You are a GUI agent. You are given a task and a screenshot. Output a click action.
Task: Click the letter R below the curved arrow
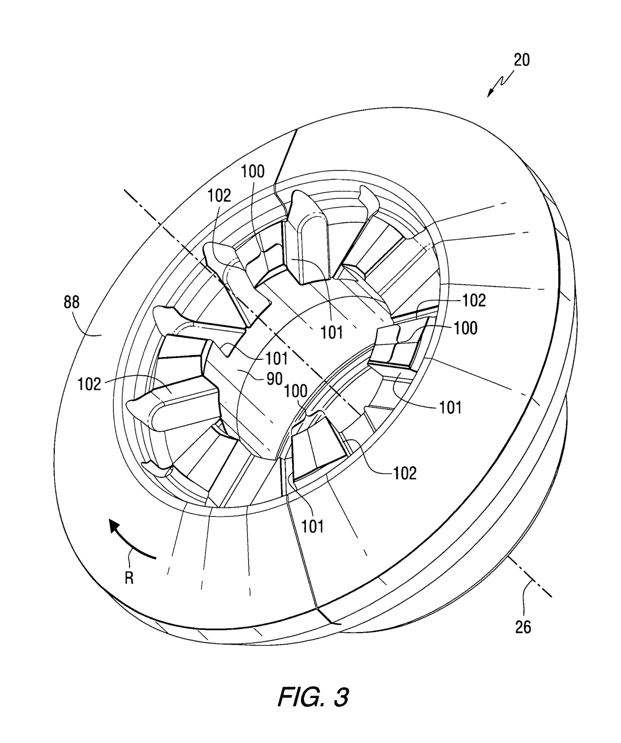point(129,578)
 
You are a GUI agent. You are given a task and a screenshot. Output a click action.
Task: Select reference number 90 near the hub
point(274,379)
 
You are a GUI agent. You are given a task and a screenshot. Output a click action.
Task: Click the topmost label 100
point(252,171)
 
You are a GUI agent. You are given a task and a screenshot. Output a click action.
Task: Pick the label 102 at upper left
point(219,196)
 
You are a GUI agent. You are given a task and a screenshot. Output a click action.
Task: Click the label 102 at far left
point(89,384)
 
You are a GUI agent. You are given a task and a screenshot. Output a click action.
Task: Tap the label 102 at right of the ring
point(474,300)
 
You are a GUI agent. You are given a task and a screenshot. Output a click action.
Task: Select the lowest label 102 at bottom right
point(405,473)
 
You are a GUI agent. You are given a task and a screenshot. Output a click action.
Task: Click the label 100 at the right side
point(466,328)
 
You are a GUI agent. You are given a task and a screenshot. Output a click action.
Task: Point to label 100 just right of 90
point(296,391)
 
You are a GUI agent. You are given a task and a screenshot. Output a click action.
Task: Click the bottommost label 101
point(313,526)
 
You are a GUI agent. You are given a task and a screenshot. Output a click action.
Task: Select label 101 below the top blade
point(332,332)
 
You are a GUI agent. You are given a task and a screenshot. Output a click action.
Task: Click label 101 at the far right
point(450,407)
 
